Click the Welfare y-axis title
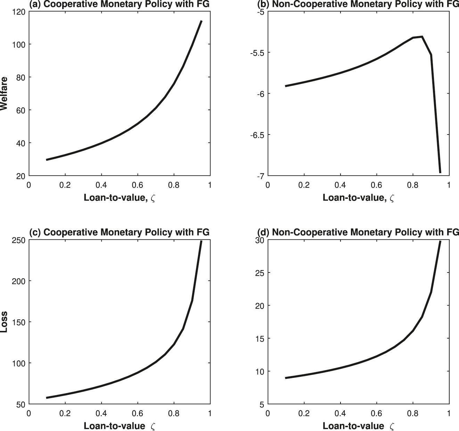pos(4,93)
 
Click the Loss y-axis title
pos(4,322)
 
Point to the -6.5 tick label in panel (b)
pos(256,135)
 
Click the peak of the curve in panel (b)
pos(422,36)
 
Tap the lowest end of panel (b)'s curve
pos(440,172)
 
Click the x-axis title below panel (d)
pos(358,426)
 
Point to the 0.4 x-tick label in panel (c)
pos(101,413)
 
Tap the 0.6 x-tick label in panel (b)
pos(376,185)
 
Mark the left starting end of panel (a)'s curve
pos(47,160)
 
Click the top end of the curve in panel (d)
pos(440,241)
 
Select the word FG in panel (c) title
pos(204,232)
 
